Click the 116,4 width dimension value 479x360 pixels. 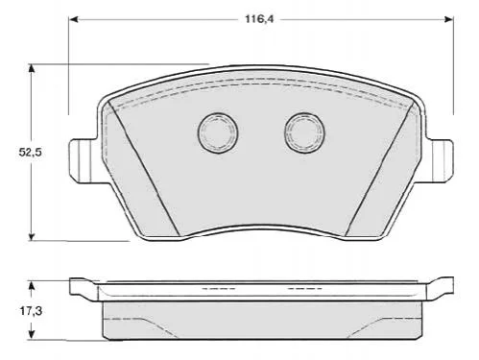(259, 19)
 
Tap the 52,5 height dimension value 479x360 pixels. (31, 153)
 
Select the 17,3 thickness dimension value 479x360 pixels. (31, 310)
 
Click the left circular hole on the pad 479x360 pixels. (218, 132)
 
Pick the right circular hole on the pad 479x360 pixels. (304, 132)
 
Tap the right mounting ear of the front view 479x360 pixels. (440, 161)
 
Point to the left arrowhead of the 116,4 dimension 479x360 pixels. (74, 19)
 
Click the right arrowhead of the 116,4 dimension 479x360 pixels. (448, 19)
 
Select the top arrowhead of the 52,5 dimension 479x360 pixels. (31, 69)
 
